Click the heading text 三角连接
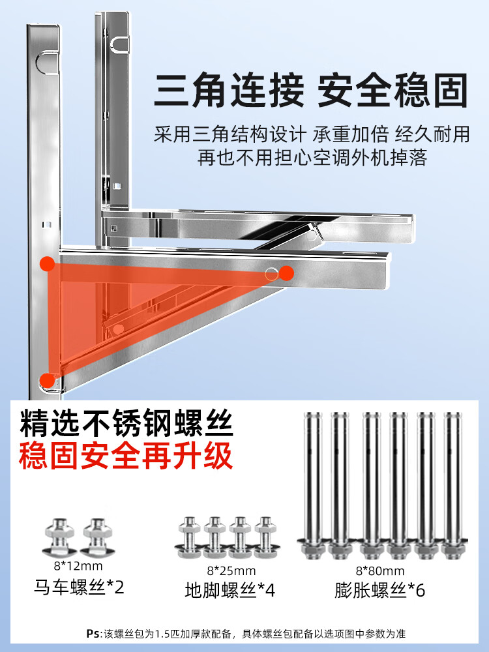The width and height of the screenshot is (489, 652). pos(229,90)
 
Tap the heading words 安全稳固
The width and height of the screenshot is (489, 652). pos(393,90)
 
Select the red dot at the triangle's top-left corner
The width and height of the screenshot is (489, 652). pos(48,263)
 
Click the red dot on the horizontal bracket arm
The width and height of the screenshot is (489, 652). pos(286,273)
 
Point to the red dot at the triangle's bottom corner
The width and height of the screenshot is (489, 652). pos(48,381)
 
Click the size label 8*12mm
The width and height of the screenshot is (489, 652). pos(78,565)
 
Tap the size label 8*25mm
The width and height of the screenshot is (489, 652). pos(231,570)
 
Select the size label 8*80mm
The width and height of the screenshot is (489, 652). pos(380,570)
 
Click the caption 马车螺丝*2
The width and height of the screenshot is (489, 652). pos(79,587)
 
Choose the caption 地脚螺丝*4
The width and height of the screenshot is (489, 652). pos(230,590)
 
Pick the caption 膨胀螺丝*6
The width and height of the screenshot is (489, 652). pos(379,590)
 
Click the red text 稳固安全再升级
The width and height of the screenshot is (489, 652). pos(125,456)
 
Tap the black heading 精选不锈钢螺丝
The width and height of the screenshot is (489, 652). pos(126,424)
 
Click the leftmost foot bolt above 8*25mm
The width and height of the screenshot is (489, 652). pos(190,537)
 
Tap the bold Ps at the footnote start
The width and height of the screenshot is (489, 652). pos(93,633)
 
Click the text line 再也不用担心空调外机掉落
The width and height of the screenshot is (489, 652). pos(312,158)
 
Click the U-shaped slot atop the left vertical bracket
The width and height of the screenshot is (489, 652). pos(47,63)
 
